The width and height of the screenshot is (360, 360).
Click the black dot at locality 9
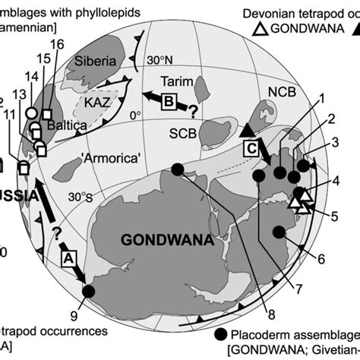(x=88, y=291)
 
